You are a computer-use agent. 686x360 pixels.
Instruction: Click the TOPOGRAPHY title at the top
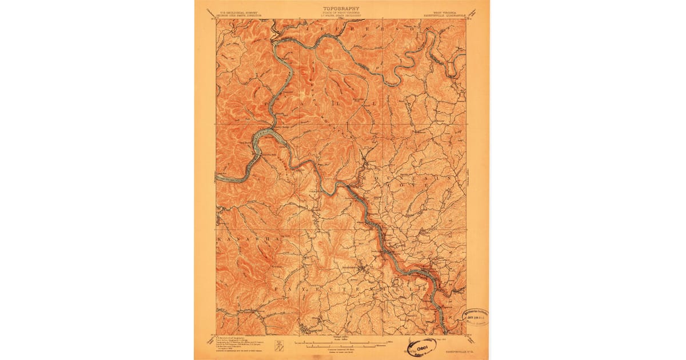click(341, 9)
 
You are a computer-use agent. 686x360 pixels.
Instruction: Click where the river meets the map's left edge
click(217, 179)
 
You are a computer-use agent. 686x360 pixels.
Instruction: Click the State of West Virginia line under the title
click(341, 14)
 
